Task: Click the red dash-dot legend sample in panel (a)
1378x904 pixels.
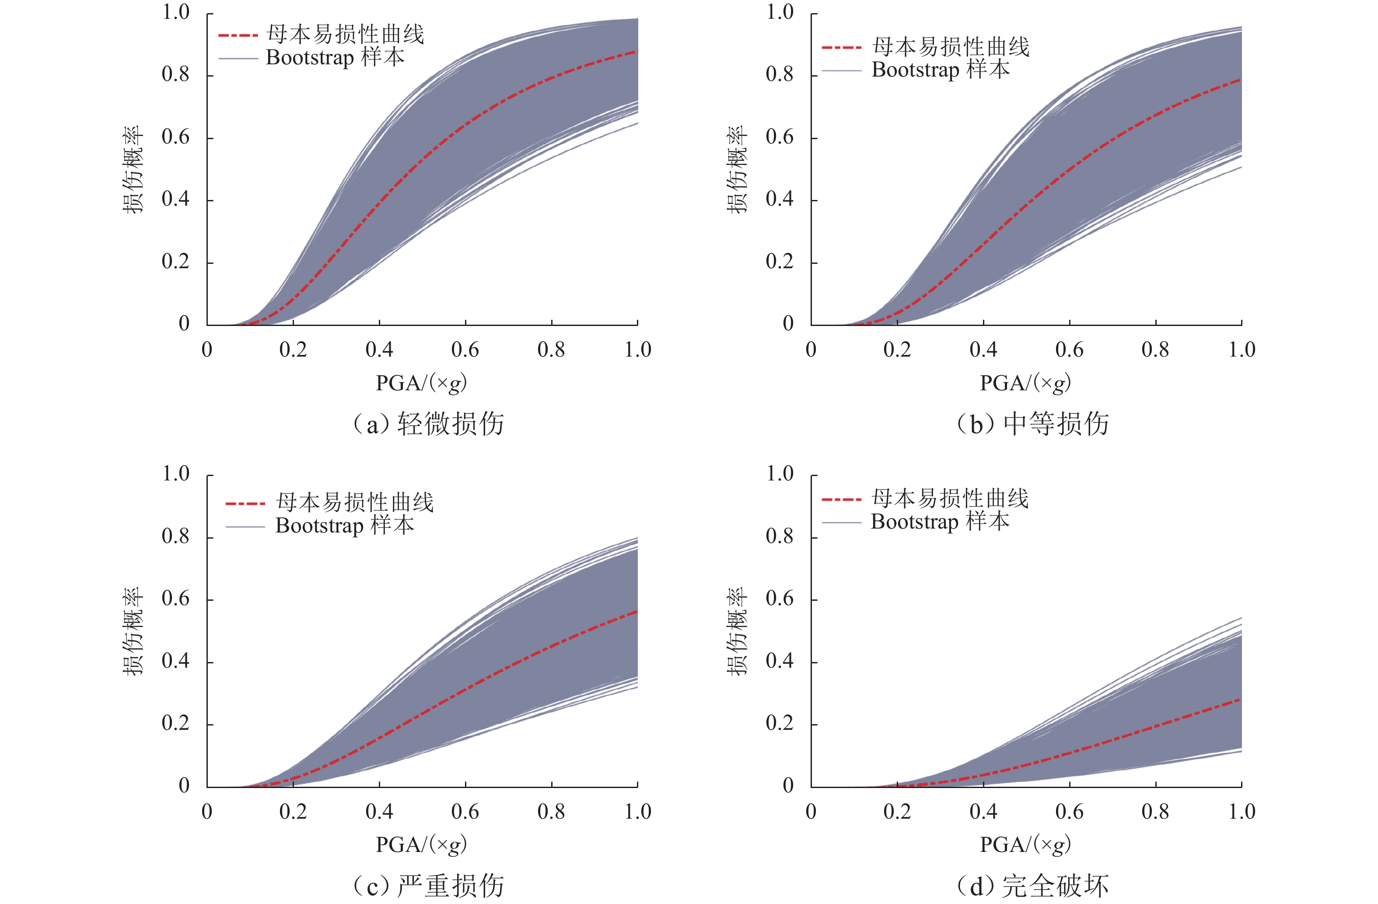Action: (x=238, y=36)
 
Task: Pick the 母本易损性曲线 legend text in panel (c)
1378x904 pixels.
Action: (x=354, y=502)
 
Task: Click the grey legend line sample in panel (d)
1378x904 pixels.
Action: (x=842, y=523)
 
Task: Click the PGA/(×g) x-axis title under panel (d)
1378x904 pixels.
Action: (x=1025, y=845)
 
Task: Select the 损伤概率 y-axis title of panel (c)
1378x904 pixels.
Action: (x=133, y=631)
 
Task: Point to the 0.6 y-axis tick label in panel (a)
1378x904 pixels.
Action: (x=175, y=137)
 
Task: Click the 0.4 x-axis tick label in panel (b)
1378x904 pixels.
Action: (x=983, y=350)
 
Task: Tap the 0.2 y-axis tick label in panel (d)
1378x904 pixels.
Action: (x=779, y=723)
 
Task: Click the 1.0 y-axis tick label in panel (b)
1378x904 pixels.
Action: (x=779, y=12)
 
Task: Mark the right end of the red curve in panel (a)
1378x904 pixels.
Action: (x=637, y=52)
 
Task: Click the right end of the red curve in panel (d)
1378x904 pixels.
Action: (x=1240, y=700)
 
